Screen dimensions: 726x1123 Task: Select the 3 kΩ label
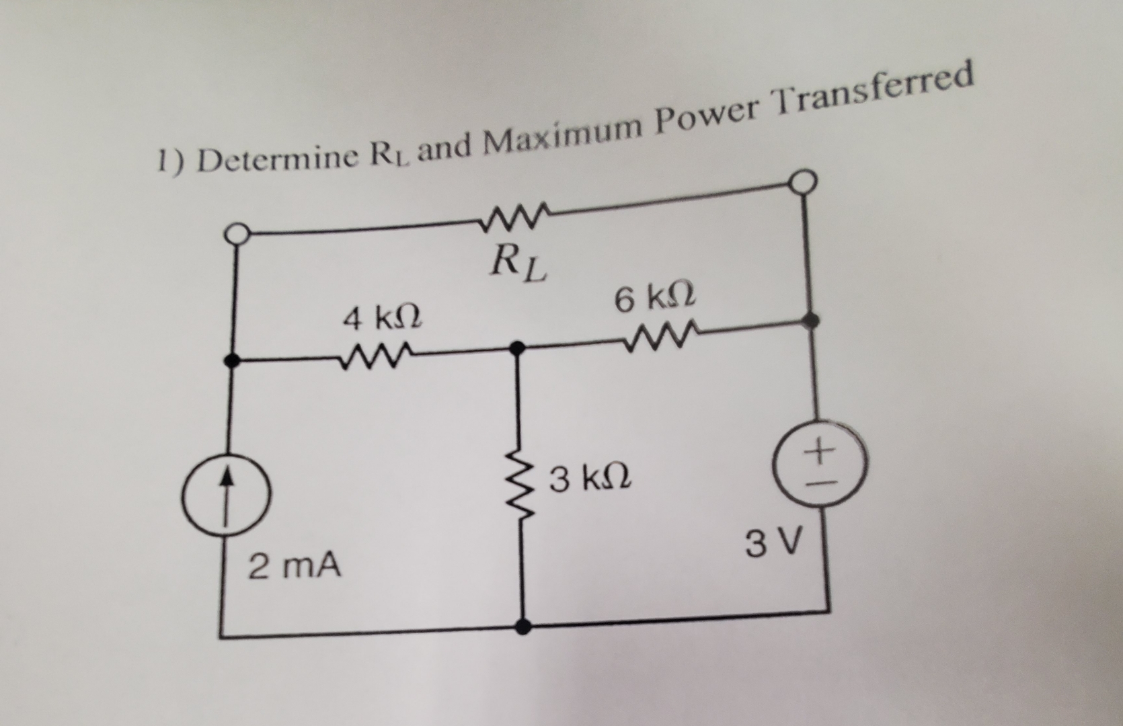pyautogui.click(x=590, y=479)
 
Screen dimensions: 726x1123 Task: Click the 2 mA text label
pyautogui.click(x=295, y=566)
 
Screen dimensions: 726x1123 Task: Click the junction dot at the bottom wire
pyautogui.click(x=523, y=626)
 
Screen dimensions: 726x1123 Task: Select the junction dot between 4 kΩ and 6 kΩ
pyautogui.click(x=516, y=348)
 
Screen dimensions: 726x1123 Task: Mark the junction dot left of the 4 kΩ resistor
pyautogui.click(x=232, y=360)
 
